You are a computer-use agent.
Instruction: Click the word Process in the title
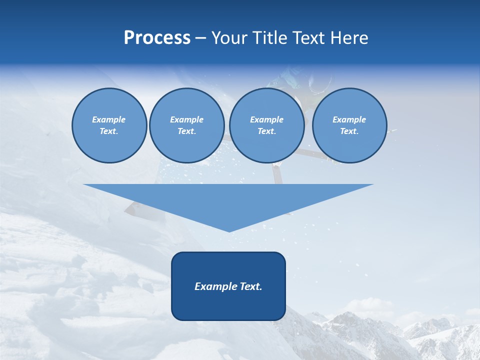pyautogui.click(x=157, y=38)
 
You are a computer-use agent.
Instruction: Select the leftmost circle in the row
pyautogui.click(x=109, y=125)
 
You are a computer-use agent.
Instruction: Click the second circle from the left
pyautogui.click(x=186, y=125)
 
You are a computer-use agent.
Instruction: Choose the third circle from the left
pyautogui.click(x=266, y=125)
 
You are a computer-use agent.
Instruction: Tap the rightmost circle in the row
pyautogui.click(x=349, y=125)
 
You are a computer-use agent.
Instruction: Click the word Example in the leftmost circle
pyautogui.click(x=109, y=119)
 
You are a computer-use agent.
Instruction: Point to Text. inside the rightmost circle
pyautogui.click(x=349, y=131)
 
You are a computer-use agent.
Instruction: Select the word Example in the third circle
pyautogui.click(x=266, y=119)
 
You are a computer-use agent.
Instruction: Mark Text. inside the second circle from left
pyautogui.click(x=186, y=131)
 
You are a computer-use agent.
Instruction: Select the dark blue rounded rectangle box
pyautogui.click(x=228, y=305)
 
